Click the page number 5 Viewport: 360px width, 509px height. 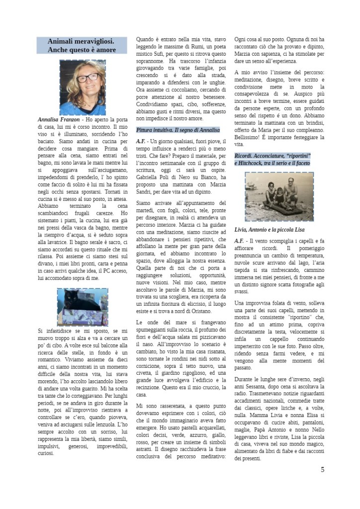click(x=323, y=469)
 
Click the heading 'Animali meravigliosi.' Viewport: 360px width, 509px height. click(x=81, y=42)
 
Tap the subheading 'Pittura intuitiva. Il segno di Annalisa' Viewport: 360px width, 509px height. click(x=178, y=130)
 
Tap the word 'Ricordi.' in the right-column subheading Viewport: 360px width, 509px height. click(x=245, y=156)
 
